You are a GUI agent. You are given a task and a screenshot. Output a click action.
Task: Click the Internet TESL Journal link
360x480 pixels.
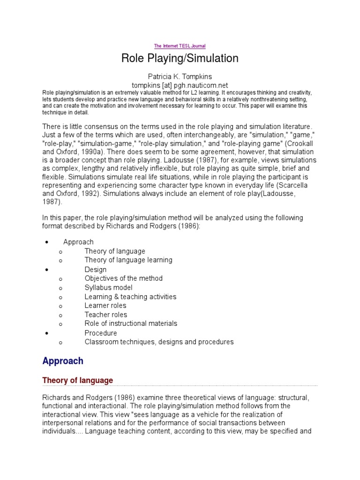180,46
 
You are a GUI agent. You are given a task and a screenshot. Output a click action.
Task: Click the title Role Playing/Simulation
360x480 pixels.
180,59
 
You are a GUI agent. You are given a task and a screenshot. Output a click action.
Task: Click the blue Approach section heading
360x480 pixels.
63,361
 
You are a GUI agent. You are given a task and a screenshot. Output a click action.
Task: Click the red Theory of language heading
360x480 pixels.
77,380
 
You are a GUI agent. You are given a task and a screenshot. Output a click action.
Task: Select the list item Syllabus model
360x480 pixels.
108,287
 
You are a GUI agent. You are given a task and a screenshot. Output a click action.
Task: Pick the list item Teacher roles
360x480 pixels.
105,315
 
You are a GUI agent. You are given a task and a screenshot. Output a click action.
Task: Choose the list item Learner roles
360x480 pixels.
105,306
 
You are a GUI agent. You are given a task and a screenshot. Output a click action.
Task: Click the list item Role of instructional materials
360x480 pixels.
131,323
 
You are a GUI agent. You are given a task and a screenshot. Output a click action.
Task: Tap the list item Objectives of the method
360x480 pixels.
125,278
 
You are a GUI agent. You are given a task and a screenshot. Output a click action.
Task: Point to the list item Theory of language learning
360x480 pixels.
128,260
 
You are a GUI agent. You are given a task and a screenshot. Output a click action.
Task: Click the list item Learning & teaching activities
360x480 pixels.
130,297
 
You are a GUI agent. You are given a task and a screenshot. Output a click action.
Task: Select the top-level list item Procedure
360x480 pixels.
101,333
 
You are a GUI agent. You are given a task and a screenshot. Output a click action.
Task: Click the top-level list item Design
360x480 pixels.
95,270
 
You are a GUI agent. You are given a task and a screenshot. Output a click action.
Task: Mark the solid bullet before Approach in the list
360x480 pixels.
46,242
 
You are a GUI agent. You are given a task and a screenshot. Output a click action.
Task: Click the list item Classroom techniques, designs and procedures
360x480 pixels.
159,342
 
